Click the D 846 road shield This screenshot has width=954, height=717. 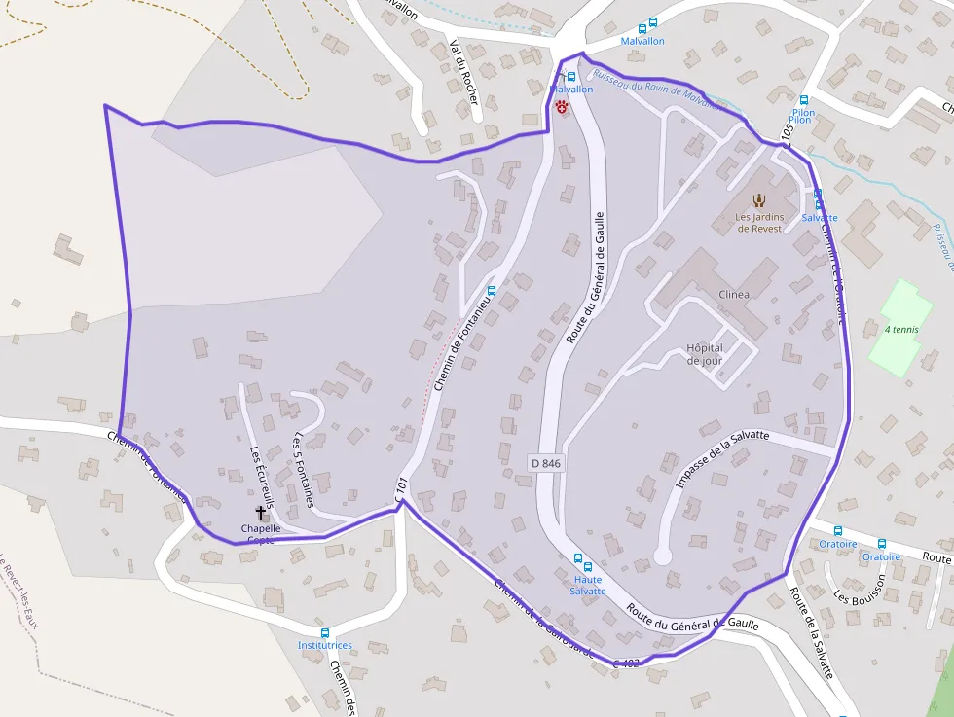click(x=547, y=463)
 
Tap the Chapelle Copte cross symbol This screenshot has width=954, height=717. click(x=260, y=512)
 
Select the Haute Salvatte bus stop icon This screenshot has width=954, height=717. click(x=578, y=560)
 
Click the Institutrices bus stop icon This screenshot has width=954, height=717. click(x=325, y=632)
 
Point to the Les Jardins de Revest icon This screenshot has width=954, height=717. click(x=759, y=200)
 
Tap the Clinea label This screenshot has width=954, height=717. click(x=733, y=295)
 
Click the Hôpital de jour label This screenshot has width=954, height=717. click(x=705, y=354)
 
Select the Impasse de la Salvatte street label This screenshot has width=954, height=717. click(x=722, y=458)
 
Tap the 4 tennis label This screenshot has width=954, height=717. click(x=901, y=330)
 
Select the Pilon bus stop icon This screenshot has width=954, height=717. click(x=804, y=100)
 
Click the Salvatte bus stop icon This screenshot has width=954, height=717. click(x=818, y=195)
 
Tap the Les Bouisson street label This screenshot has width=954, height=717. click(x=862, y=588)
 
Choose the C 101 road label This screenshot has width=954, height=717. click(x=400, y=489)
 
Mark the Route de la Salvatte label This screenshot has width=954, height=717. click(x=812, y=632)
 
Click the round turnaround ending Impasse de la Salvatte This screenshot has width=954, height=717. click(x=663, y=556)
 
